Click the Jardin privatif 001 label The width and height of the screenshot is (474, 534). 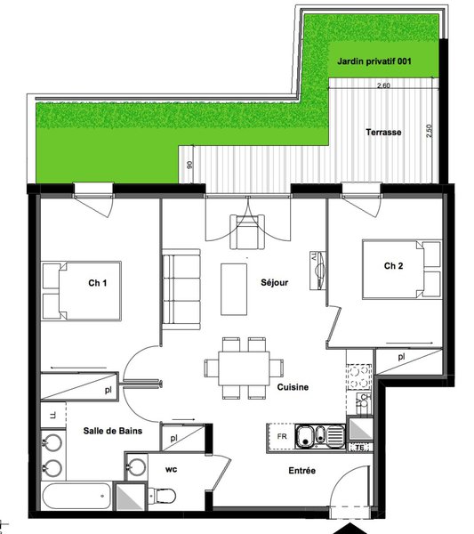pyautogui.click(x=374, y=61)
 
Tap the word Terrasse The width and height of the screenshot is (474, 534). pyautogui.click(x=383, y=132)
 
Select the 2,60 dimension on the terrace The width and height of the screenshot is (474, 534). pyautogui.click(x=383, y=85)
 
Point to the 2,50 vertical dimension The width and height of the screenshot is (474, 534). pyautogui.click(x=429, y=131)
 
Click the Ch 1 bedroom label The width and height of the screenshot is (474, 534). pyautogui.click(x=97, y=283)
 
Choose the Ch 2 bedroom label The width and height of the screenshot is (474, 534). pyautogui.click(x=393, y=265)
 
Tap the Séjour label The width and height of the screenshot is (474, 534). pyautogui.click(x=274, y=282)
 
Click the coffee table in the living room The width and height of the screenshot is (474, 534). pyautogui.click(x=234, y=289)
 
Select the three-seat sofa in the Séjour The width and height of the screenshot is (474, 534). pyautogui.click(x=181, y=289)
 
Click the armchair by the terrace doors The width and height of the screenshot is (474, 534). pyautogui.click(x=247, y=231)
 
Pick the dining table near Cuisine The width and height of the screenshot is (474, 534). pyautogui.click(x=244, y=368)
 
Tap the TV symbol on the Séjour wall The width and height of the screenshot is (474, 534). pyautogui.click(x=317, y=271)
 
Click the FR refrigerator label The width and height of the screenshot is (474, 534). pyautogui.click(x=282, y=436)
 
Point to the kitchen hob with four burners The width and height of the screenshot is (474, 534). pyautogui.click(x=359, y=376)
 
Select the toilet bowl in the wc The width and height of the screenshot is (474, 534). pyautogui.click(x=163, y=495)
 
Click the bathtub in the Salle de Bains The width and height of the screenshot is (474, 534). pyautogui.click(x=76, y=496)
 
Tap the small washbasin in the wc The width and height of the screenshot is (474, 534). pyautogui.click(x=136, y=466)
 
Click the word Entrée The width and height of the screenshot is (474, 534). pyautogui.click(x=301, y=471)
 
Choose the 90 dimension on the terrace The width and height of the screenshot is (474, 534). pyautogui.click(x=190, y=165)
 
